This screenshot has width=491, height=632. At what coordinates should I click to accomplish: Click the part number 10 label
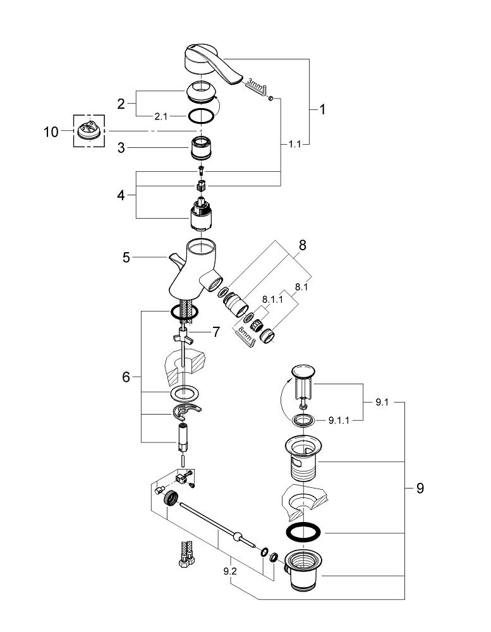pos(51,132)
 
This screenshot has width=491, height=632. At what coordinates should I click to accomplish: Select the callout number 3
pos(121,148)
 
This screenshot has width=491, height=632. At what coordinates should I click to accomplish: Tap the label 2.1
pos(161,116)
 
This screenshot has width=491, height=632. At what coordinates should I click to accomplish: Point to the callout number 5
pos(126,257)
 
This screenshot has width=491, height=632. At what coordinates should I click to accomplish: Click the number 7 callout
pos(217,332)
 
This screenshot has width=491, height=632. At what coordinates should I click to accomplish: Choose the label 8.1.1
pos(272,300)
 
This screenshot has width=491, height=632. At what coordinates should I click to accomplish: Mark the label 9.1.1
pos(339,420)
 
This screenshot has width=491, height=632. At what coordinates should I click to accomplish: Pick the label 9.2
pos(230,571)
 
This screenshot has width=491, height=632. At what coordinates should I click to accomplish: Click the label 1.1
pos(295,144)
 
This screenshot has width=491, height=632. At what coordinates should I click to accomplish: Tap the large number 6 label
pos(126,377)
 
